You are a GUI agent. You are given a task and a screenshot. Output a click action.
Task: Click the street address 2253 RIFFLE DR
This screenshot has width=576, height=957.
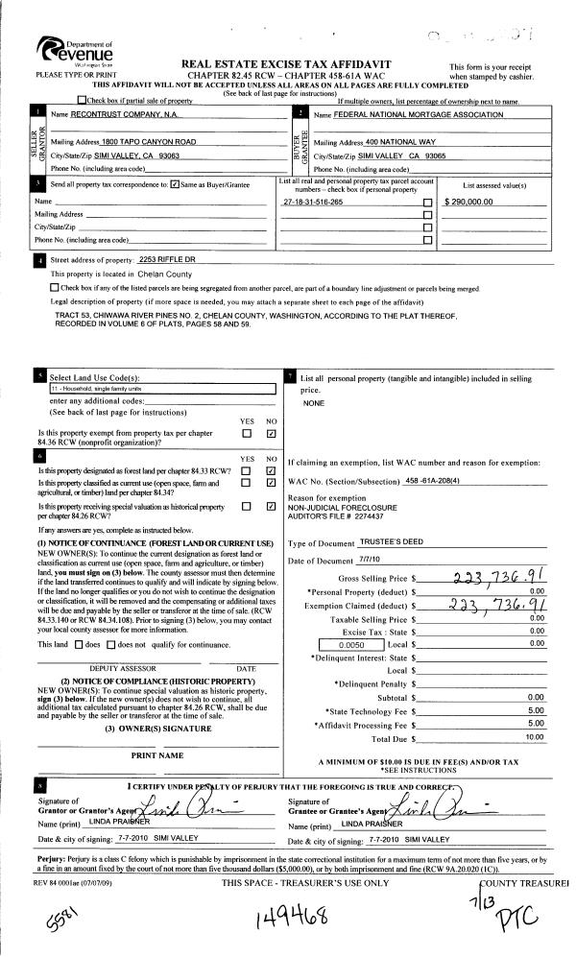point(167,260)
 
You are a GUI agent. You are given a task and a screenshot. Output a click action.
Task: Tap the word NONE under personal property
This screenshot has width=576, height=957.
point(314,403)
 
